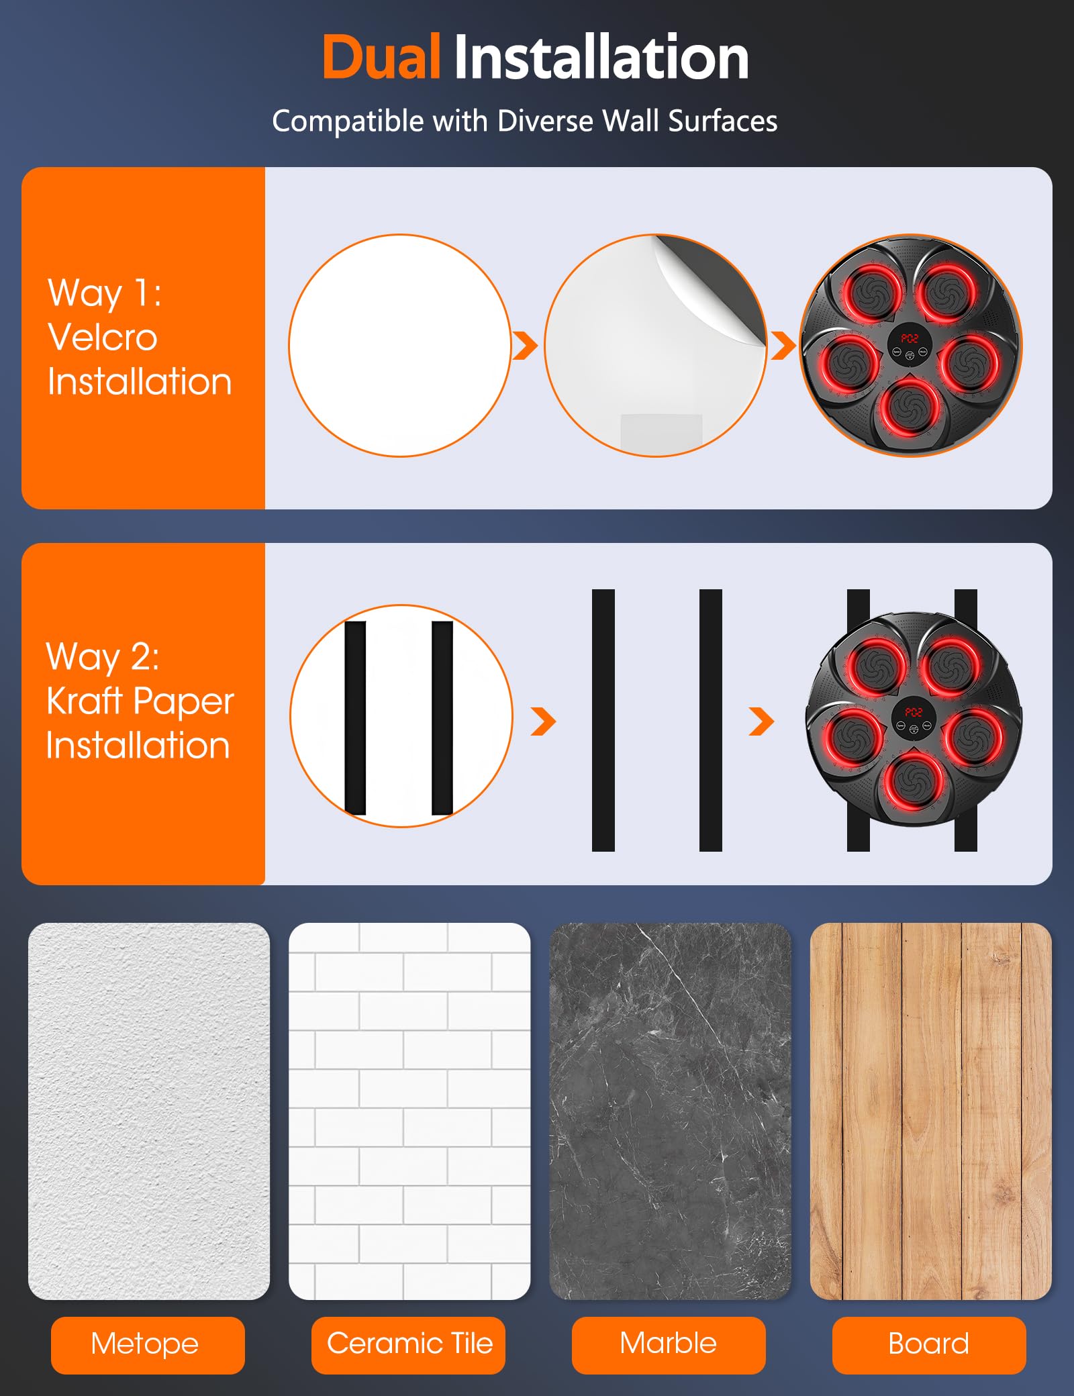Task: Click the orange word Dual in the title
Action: tap(381, 58)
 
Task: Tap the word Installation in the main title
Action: tap(601, 58)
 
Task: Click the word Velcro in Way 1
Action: tap(103, 337)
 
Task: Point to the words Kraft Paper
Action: tap(140, 701)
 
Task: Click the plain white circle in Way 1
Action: tap(400, 346)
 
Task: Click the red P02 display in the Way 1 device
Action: tap(910, 338)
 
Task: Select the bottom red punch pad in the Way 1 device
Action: tap(910, 407)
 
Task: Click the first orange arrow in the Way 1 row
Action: tap(525, 346)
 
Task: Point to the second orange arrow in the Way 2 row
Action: tap(761, 721)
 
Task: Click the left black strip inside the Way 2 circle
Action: tap(355, 717)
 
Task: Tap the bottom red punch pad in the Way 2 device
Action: tap(914, 781)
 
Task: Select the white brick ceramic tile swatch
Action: tap(409, 1111)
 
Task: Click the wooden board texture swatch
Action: tap(931, 1111)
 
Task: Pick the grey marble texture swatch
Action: tap(670, 1111)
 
